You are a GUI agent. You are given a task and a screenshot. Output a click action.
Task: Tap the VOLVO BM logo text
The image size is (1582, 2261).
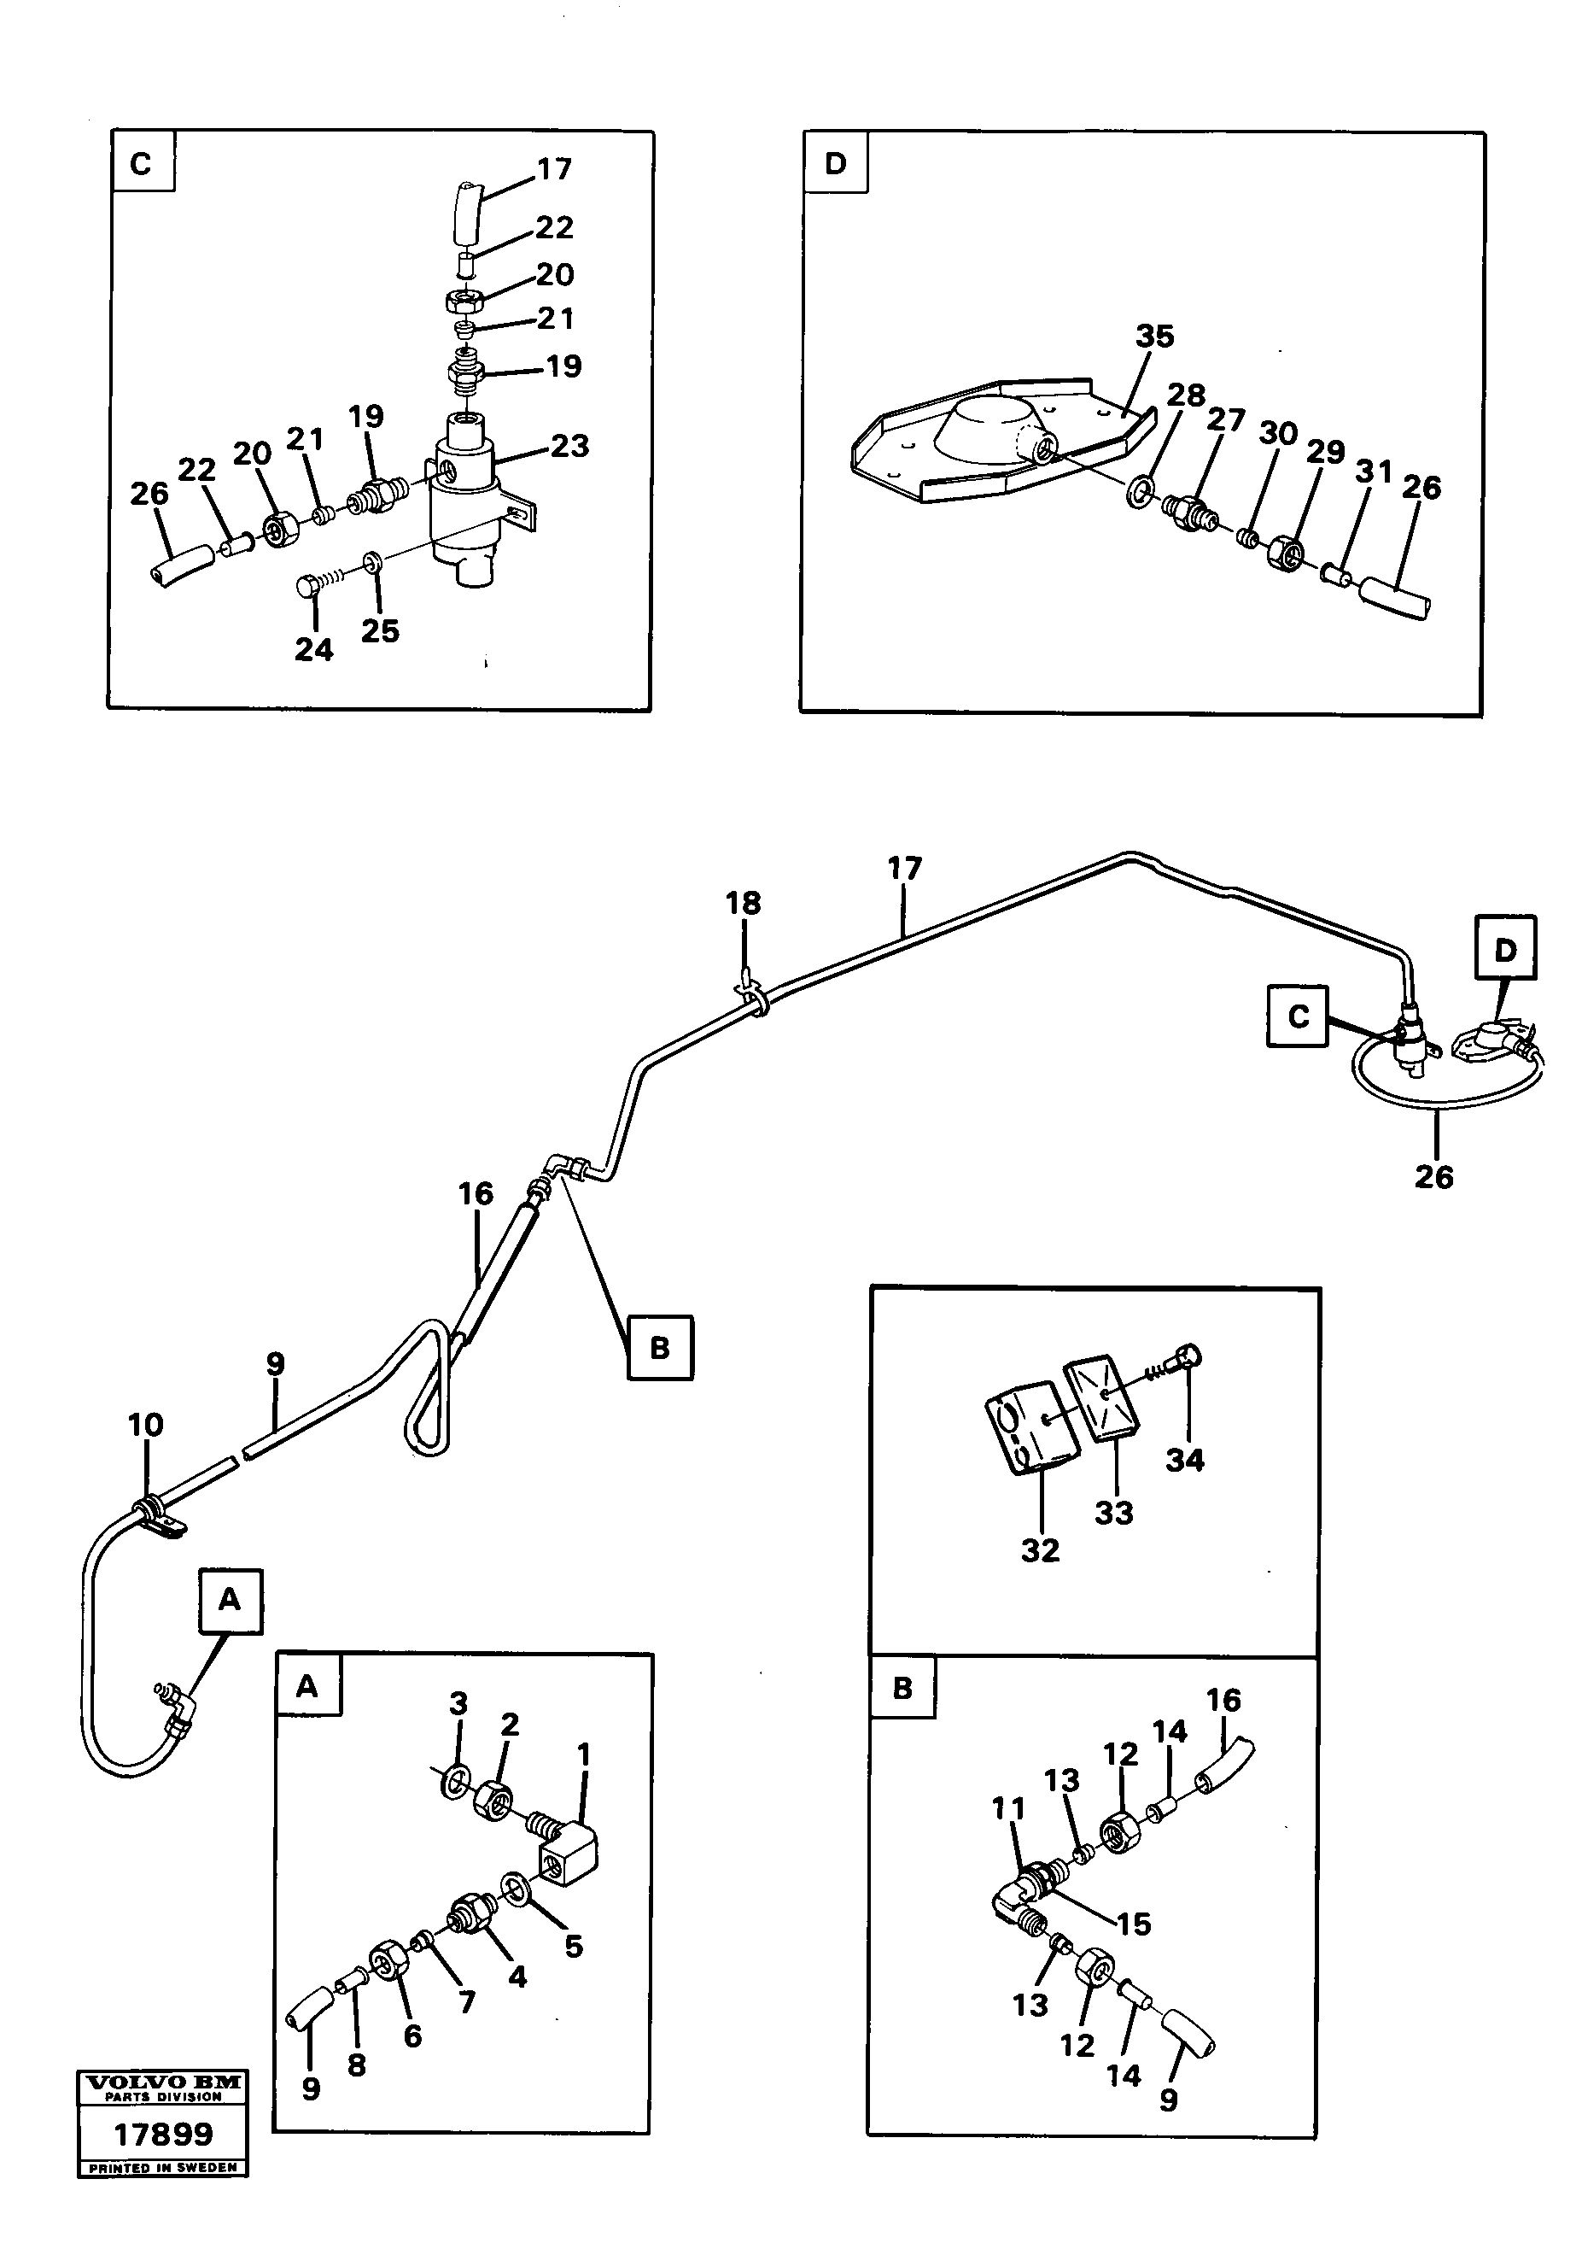tap(162, 2082)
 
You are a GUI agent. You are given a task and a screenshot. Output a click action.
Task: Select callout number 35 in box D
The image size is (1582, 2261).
tap(1155, 336)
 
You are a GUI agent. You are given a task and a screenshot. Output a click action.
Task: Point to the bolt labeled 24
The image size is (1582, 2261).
tap(307, 585)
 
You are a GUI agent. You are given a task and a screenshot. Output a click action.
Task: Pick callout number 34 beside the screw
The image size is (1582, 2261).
tap(1184, 1460)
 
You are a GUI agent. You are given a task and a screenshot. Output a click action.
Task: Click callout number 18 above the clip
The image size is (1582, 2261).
tap(744, 903)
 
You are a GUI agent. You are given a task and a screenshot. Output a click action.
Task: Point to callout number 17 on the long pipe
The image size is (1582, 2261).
tap(904, 869)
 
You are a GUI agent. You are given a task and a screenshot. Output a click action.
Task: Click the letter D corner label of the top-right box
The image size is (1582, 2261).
tap(835, 163)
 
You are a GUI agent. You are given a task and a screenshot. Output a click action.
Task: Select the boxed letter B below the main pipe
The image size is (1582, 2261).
tap(660, 1347)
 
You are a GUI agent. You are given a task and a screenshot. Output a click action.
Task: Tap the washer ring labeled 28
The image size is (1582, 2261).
tap(1139, 489)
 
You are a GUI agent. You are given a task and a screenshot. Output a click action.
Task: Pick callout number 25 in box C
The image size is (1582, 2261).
tap(380, 630)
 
